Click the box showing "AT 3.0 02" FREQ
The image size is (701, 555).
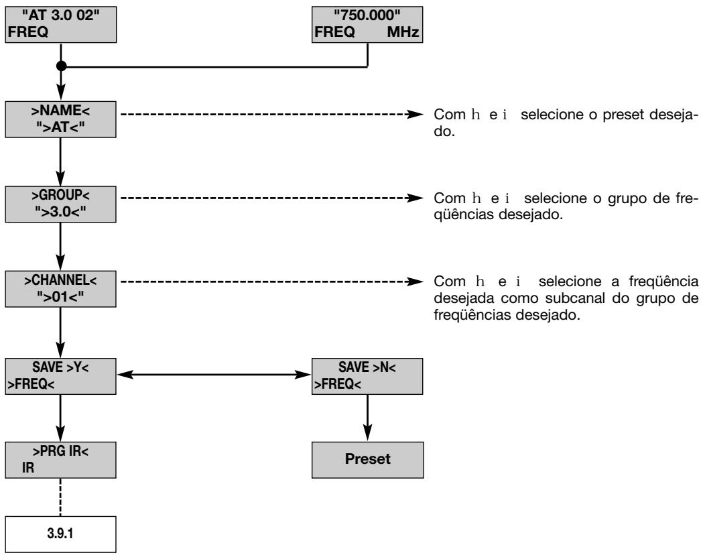click(61, 25)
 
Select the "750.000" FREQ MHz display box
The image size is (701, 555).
click(367, 25)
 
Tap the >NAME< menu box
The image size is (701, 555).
click(61, 119)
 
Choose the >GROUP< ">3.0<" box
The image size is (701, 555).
click(61, 204)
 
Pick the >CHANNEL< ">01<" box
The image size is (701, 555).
click(61, 289)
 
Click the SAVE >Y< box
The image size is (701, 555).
click(61, 376)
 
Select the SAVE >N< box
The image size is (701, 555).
click(367, 376)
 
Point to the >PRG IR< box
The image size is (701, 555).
click(61, 460)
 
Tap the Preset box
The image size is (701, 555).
click(367, 460)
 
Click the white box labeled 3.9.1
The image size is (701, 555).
click(61, 534)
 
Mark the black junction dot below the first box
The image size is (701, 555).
click(61, 66)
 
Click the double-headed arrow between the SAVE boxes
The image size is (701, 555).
click(214, 374)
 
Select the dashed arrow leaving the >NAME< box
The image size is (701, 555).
click(272, 114)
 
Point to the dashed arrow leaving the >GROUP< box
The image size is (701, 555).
click(272, 198)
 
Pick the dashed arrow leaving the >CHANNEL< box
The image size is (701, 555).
click(272, 282)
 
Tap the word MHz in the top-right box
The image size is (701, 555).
click(403, 32)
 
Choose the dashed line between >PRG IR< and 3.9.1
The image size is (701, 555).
click(60, 497)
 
